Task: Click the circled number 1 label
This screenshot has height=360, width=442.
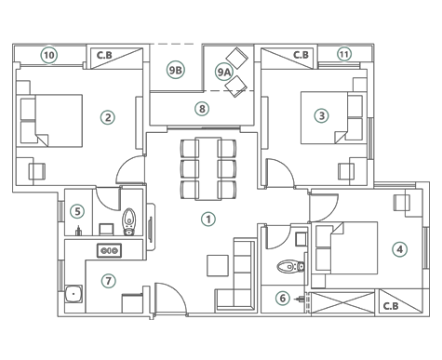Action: coord(208,220)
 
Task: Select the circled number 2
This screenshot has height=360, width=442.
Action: coord(108,117)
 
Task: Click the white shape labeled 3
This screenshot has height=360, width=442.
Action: coord(322,116)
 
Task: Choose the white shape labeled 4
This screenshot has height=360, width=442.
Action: coord(399,249)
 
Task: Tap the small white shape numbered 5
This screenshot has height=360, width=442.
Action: coord(77,211)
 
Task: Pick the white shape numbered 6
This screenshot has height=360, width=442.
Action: coord(282,299)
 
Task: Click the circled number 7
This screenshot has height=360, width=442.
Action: coord(108,281)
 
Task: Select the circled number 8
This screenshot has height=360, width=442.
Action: coord(202,109)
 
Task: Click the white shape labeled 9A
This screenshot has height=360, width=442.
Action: coord(222,71)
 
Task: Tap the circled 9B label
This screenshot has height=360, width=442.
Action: coord(175,70)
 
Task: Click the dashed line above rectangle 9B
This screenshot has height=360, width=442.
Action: coord(176,44)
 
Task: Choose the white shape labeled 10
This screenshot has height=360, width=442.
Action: coord(48,56)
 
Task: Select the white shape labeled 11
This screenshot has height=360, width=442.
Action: coord(344,54)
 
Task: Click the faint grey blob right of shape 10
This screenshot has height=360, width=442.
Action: coord(104,56)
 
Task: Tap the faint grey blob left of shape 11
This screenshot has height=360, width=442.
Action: coord(300,56)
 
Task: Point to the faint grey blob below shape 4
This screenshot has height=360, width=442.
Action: coord(392,304)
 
